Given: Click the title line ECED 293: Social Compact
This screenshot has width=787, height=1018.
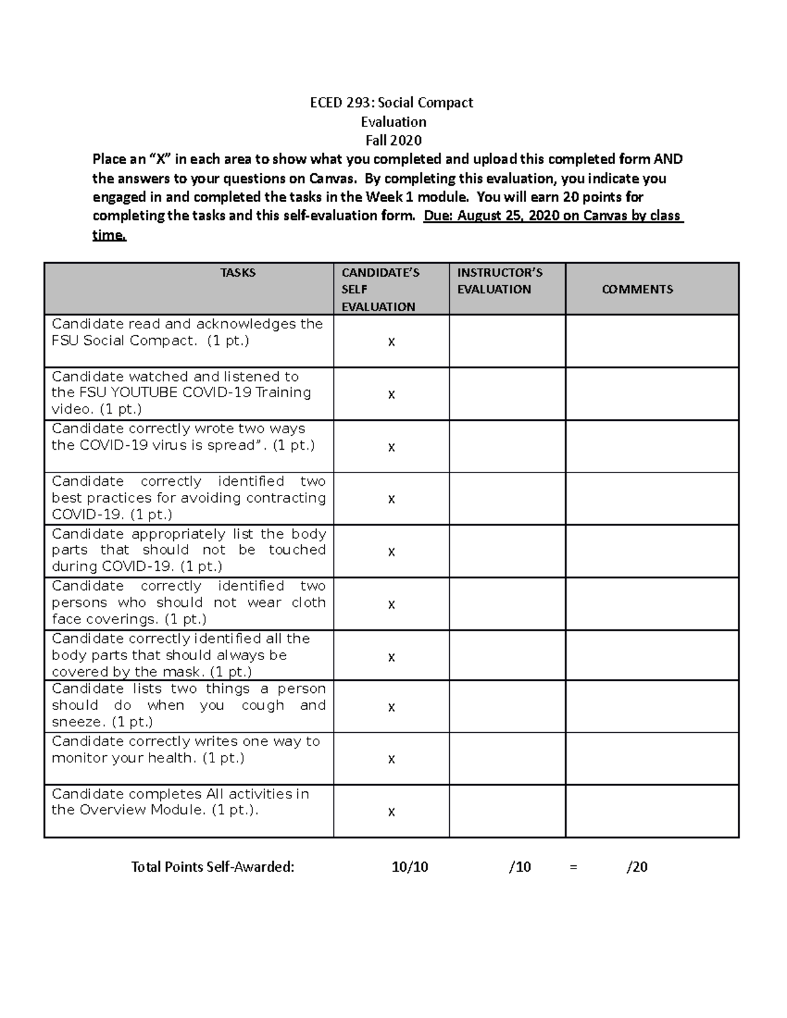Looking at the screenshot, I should click(392, 102).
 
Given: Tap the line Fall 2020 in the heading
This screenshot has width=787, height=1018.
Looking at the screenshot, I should click(393, 140).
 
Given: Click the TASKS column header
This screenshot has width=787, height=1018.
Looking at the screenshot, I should click(237, 273).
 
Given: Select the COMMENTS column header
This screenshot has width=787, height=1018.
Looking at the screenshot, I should click(637, 289).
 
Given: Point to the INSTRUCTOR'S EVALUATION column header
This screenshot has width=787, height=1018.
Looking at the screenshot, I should click(499, 281).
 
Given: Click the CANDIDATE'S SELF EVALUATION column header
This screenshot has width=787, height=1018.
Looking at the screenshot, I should click(380, 289).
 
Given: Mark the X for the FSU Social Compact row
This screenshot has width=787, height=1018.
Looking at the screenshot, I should click(392, 342).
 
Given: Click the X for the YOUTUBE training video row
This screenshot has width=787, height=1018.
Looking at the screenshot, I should click(392, 394).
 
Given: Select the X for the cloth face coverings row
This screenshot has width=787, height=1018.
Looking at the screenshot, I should click(392, 604).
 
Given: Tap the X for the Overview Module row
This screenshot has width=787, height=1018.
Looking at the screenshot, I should click(392, 812).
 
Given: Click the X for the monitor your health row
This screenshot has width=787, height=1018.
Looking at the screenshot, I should click(392, 759).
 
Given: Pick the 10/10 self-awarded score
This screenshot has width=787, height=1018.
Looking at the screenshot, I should click(410, 867).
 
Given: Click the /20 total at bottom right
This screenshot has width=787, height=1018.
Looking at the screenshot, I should click(637, 867).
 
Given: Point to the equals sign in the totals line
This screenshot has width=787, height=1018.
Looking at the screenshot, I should click(574, 867).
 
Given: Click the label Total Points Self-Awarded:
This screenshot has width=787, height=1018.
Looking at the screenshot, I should click(212, 867).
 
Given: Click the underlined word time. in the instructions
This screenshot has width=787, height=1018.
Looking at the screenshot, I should click(109, 235).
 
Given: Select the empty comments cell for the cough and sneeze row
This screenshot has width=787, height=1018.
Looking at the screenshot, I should click(652, 706).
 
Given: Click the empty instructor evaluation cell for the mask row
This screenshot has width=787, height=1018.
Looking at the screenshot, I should click(507, 656).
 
